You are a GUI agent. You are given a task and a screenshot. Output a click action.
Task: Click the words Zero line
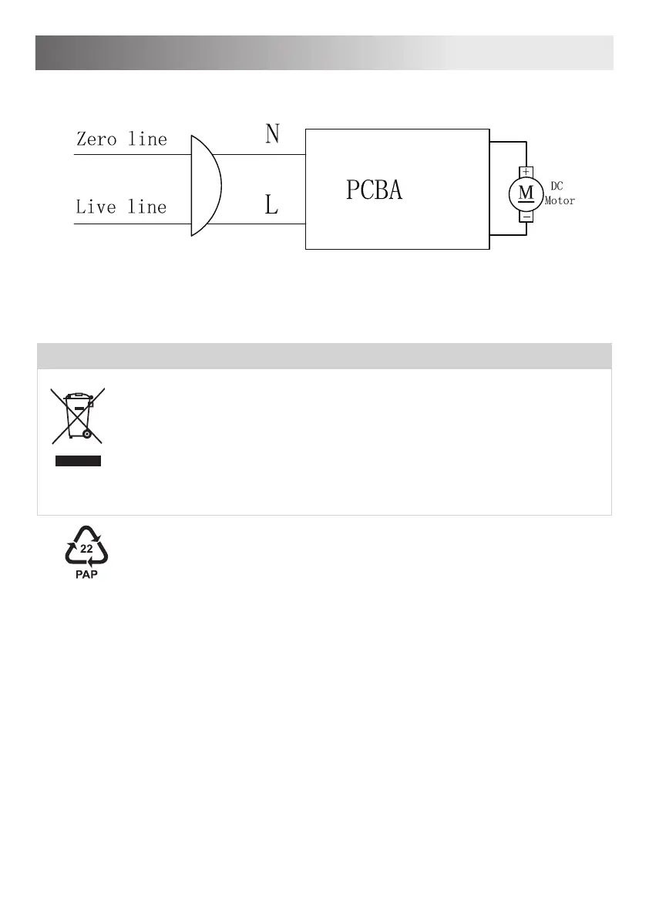(121, 140)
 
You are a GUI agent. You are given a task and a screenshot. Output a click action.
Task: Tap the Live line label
(121, 207)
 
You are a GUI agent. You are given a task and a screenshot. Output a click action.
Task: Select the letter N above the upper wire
(272, 134)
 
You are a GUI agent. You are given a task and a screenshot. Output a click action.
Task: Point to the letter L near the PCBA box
(271, 205)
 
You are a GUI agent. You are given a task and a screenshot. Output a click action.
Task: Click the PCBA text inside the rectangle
(374, 190)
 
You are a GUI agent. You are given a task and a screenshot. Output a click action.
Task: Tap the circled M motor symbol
(526, 193)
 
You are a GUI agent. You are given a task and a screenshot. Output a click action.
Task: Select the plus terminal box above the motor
(526, 171)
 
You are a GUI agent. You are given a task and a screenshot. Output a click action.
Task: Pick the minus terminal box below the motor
(526, 217)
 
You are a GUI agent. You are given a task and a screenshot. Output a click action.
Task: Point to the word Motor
(560, 200)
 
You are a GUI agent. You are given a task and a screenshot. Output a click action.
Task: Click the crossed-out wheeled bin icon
(78, 416)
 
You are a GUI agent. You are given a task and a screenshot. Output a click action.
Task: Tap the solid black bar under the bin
(78, 462)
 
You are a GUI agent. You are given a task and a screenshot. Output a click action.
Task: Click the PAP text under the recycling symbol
(86, 573)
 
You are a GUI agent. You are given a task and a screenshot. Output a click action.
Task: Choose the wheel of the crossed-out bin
(87, 435)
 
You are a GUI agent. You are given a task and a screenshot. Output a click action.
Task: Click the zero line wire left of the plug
(131, 154)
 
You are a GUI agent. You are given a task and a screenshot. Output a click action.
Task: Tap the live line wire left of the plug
(131, 224)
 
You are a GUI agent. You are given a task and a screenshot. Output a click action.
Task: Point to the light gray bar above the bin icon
(324, 356)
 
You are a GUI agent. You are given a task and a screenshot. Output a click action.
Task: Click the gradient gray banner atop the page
(324, 52)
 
